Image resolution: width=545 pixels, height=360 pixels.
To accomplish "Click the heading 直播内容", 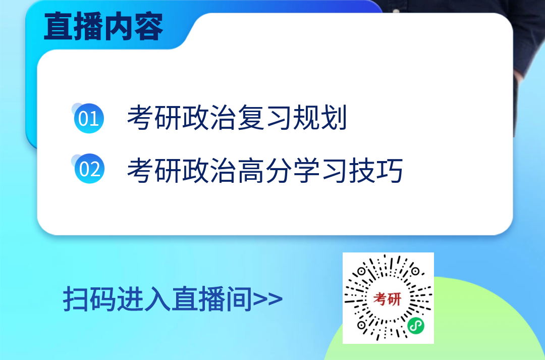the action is (x=103, y=26).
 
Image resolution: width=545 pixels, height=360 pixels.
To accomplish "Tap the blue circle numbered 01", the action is (x=89, y=118).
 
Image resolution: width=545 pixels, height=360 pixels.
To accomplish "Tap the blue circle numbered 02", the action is (x=89, y=169).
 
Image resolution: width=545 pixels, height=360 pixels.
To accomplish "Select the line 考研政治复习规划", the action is (x=237, y=118).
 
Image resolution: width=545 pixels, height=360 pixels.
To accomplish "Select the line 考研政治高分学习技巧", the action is (x=265, y=170).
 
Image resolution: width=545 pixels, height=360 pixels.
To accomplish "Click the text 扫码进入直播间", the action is (x=157, y=299).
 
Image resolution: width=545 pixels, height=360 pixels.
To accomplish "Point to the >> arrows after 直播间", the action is (x=267, y=299).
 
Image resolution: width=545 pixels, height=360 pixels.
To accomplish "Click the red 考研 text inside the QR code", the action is (x=388, y=299).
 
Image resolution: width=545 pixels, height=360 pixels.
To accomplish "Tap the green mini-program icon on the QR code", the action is (x=416, y=326).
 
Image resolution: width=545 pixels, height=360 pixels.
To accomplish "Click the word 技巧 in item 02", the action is (x=376, y=170).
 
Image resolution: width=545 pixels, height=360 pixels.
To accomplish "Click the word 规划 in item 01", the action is (x=320, y=118).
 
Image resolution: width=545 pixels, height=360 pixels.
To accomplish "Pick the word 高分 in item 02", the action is (x=265, y=170).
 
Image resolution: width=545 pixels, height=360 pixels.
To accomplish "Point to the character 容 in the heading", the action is (x=149, y=26).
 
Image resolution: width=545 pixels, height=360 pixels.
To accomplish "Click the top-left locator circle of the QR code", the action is (x=361, y=271).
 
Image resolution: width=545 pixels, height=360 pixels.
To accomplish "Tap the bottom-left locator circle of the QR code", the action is (x=361, y=325).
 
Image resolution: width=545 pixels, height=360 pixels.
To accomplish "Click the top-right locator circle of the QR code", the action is (x=415, y=271).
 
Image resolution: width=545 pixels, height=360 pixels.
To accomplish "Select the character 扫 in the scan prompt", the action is (x=76, y=299).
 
